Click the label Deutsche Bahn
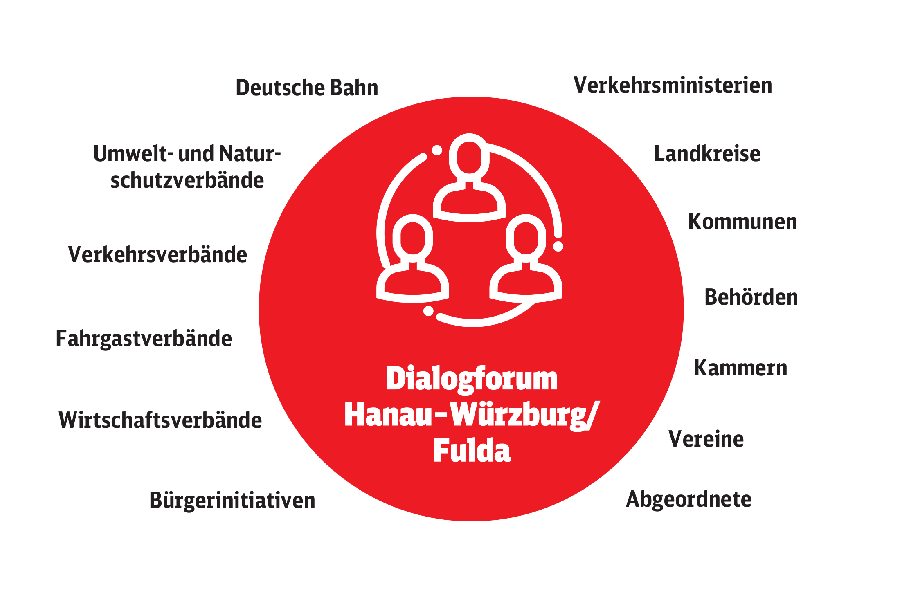307,88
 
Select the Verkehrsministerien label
673,85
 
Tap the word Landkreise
707,153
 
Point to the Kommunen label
742,221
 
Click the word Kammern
740,367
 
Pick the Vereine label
706,439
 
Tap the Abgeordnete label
689,499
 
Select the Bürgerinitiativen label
232,500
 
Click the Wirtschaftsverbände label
160,420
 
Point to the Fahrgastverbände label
144,339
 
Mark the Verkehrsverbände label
157,254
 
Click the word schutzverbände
187,180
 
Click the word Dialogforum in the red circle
472,380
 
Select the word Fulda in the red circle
472,451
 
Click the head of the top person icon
469,157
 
